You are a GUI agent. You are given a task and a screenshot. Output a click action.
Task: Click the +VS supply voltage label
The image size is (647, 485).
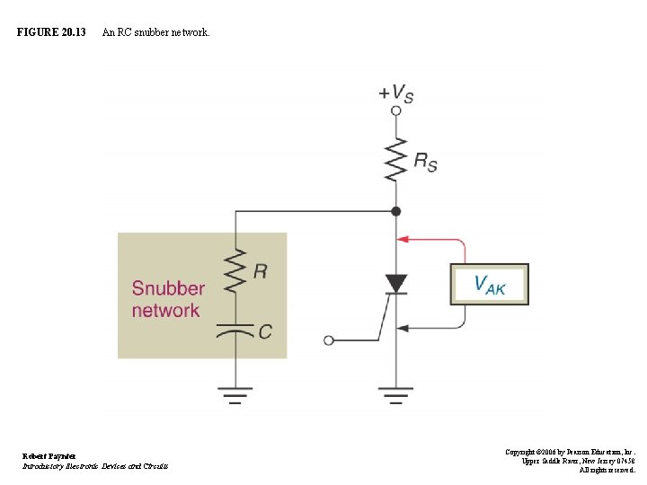pos(395,93)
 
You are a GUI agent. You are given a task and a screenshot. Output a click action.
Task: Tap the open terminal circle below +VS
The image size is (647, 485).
pos(396,111)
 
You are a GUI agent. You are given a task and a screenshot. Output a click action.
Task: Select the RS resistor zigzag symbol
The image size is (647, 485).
pos(396,160)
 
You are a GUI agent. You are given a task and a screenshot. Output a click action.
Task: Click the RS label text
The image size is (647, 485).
pos(425,161)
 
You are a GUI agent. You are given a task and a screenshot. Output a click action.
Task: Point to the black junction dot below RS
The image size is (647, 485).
pos(396,212)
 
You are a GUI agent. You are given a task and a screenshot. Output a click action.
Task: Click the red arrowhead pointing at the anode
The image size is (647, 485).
pos(403,240)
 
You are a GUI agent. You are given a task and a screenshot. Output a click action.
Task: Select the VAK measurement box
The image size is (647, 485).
pos(489,285)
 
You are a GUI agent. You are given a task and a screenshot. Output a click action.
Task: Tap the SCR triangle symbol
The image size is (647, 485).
pos(396,284)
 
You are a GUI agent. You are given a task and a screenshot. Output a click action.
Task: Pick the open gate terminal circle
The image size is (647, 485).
pos(329,340)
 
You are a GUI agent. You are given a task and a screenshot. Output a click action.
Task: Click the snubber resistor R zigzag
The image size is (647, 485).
pos(235,271)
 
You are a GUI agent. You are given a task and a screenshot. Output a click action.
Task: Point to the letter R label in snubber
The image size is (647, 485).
pos(260,271)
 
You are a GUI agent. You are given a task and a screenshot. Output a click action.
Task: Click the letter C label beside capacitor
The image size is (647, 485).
pos(265,331)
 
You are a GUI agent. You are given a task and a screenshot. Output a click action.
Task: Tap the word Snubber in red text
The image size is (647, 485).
pos(168,289)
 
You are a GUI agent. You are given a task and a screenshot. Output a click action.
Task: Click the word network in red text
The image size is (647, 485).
pos(165,311)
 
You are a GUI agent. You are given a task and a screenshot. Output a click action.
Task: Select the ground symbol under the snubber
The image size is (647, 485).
pos(235,394)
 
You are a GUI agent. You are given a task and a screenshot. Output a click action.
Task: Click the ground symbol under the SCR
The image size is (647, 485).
pos(396,394)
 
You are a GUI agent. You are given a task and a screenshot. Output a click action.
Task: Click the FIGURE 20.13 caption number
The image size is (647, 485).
pos(51,32)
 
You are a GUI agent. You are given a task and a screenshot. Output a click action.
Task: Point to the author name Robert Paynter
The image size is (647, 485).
pos(49,456)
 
